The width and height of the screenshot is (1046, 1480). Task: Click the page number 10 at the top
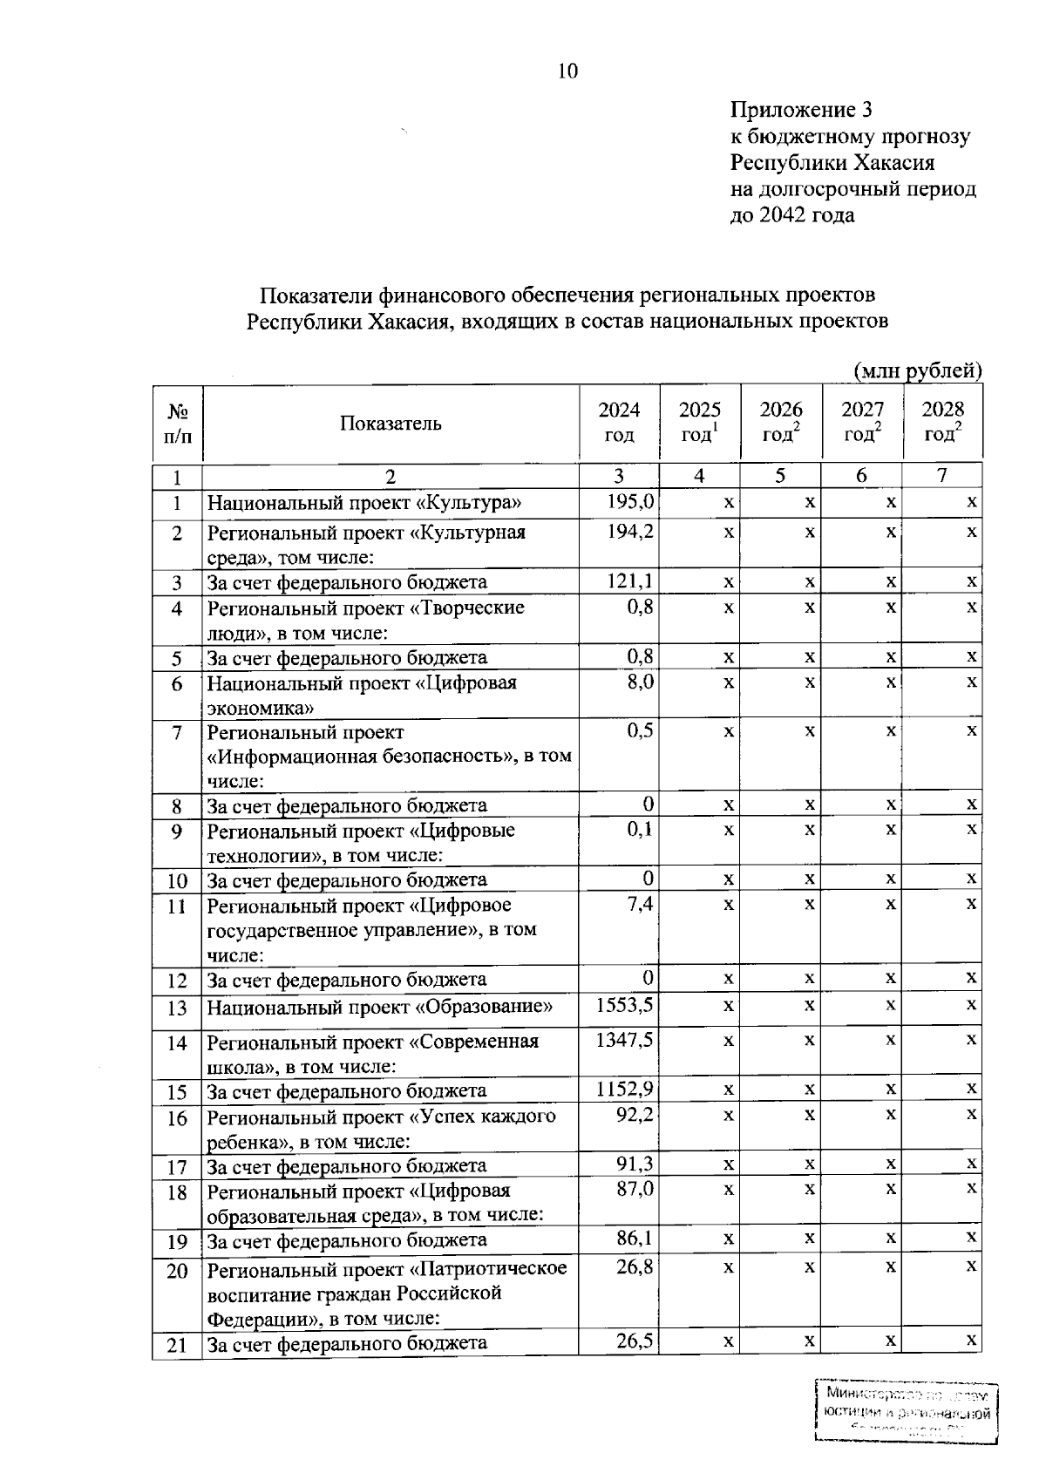pyautogui.click(x=567, y=71)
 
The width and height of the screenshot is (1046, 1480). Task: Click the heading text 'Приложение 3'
pyautogui.click(x=800, y=110)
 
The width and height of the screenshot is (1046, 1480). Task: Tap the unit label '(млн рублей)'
pyautogui.click(x=917, y=370)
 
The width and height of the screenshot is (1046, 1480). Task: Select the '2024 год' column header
pyautogui.click(x=619, y=422)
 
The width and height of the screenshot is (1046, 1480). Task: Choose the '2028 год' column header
pyautogui.click(x=942, y=422)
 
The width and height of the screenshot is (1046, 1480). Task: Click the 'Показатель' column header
pyautogui.click(x=391, y=424)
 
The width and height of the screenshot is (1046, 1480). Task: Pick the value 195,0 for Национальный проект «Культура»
pyautogui.click(x=630, y=501)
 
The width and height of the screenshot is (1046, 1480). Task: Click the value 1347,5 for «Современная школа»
pyautogui.click(x=624, y=1040)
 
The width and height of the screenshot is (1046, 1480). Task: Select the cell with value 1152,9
pyautogui.click(x=624, y=1089)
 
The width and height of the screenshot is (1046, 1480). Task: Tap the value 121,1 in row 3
pyautogui.click(x=630, y=580)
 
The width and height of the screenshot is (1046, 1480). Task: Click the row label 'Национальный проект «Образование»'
pyautogui.click(x=379, y=1008)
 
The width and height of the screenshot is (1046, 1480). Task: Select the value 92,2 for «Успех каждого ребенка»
pyautogui.click(x=635, y=1114)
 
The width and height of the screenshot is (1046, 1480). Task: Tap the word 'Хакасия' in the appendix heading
pyautogui.click(x=894, y=162)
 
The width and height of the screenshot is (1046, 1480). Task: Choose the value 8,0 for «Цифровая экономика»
pyautogui.click(x=640, y=682)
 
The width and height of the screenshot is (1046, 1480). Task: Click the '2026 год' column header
pyautogui.click(x=780, y=422)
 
